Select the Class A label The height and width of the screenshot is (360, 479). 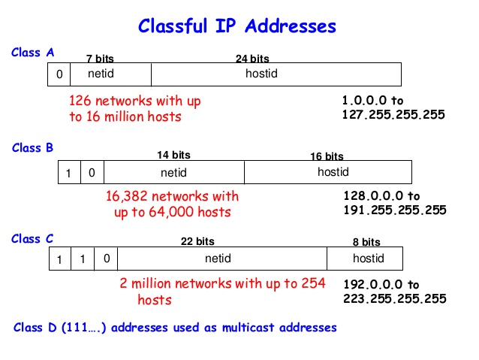click(x=32, y=53)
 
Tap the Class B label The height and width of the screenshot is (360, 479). click(x=32, y=148)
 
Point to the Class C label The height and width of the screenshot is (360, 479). click(x=32, y=239)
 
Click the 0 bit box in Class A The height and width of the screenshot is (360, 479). click(x=59, y=74)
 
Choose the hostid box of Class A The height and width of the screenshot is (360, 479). click(x=276, y=74)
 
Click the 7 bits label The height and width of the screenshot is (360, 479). click(x=100, y=59)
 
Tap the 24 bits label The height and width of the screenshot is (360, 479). click(x=252, y=59)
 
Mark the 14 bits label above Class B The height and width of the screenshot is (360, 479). click(x=173, y=155)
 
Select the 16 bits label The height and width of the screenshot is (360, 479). click(x=327, y=156)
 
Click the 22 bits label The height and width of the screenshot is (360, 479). click(x=197, y=242)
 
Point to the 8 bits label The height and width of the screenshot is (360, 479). click(x=366, y=242)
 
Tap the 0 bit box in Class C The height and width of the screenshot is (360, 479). click(x=107, y=258)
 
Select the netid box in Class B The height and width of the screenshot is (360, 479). click(x=173, y=172)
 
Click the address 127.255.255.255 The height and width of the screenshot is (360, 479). click(x=393, y=115)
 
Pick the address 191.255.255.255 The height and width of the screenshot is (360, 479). click(x=394, y=210)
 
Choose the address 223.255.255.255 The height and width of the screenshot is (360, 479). click(x=394, y=299)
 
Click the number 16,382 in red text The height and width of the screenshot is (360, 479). click(x=129, y=197)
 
